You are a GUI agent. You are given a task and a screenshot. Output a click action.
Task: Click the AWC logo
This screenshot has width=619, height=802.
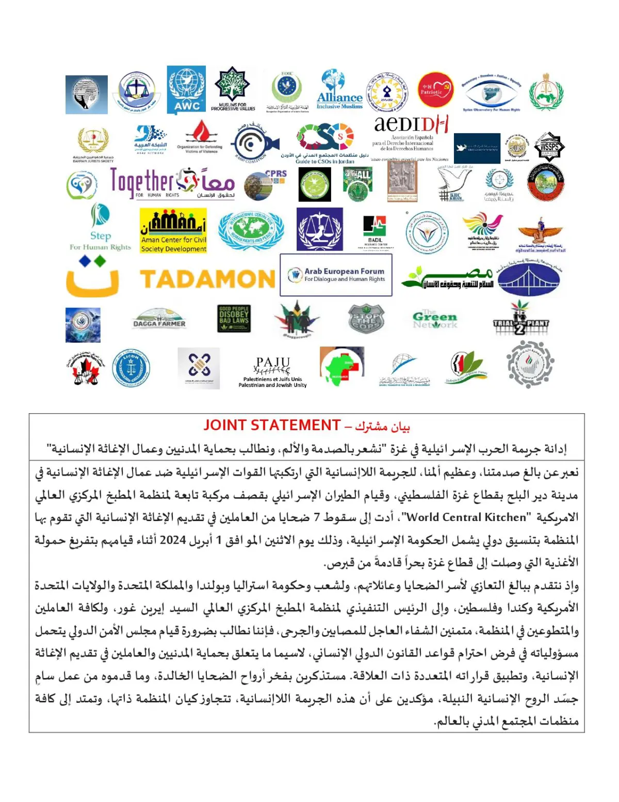[x=186, y=90]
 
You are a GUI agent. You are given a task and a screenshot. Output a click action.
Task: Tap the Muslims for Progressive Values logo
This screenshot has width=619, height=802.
[x=233, y=89]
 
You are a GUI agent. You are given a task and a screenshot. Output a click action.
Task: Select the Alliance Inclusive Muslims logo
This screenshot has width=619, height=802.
[x=339, y=90]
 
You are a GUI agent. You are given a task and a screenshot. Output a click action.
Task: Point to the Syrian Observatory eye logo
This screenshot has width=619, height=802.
[x=491, y=92]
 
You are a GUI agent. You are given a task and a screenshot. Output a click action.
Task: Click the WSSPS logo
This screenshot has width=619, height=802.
[x=549, y=147]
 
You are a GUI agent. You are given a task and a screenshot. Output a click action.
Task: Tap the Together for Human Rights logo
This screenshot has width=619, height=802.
[x=172, y=183]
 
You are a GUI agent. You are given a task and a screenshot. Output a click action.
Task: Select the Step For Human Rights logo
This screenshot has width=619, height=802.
[x=100, y=227]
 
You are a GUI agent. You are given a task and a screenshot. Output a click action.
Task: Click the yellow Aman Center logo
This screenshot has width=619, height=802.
[x=173, y=230]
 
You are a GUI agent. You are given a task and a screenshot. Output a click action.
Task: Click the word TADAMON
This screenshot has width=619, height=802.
[x=208, y=279]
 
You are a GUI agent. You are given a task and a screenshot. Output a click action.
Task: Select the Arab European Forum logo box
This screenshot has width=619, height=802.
[x=336, y=275]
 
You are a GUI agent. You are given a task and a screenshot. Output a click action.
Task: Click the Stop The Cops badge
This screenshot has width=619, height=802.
[x=366, y=319]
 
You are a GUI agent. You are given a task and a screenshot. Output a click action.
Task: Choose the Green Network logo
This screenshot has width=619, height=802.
[x=434, y=320]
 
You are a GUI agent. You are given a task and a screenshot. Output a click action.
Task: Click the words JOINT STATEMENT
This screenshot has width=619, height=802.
[x=272, y=425]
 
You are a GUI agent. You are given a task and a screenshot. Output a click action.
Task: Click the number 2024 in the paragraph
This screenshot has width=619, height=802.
[x=172, y=540]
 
